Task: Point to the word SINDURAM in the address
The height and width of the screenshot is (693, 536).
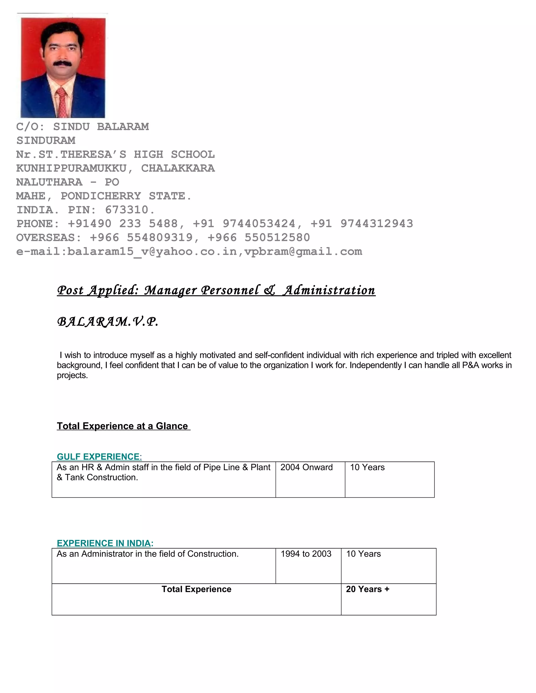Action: pyautogui.click(x=46, y=140)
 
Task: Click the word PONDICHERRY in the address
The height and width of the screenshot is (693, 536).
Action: pyautogui.click(x=101, y=196)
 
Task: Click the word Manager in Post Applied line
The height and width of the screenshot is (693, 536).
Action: pyautogui.click(x=171, y=290)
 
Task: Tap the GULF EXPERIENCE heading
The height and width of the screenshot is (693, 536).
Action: pyautogui.click(x=98, y=457)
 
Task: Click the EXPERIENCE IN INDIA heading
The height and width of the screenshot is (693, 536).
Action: pyautogui.click(x=104, y=543)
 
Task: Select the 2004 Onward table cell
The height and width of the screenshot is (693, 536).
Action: pyautogui.click(x=306, y=467)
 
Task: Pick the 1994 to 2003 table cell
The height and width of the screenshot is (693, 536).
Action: pyautogui.click(x=306, y=554)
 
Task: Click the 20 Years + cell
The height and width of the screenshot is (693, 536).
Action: pyautogui.click(x=367, y=589)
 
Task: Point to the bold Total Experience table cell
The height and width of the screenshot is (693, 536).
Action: pyautogui.click(x=196, y=589)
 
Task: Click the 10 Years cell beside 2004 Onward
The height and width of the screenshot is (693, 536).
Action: pyautogui.click(x=367, y=467)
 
